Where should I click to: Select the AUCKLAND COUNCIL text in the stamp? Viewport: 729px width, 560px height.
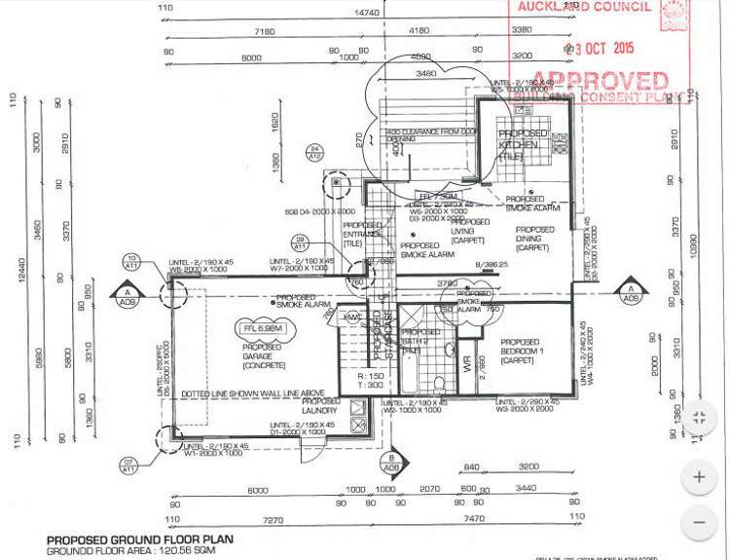coord(584,7)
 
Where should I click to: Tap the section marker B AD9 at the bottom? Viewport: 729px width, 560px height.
coord(392,463)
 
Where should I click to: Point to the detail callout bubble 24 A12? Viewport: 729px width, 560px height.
coord(314,153)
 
